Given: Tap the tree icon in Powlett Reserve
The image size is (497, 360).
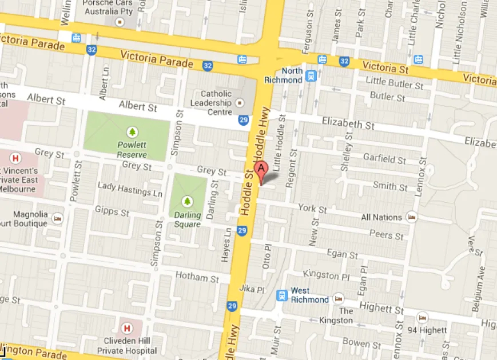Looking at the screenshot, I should click(x=133, y=132).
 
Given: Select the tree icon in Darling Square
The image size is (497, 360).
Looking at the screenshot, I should click(x=187, y=201).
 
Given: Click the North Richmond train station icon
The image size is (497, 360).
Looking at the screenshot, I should click(x=311, y=75).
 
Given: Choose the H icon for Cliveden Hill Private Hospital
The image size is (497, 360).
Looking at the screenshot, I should click(x=126, y=328).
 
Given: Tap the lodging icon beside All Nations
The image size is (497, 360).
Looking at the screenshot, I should click(x=411, y=217).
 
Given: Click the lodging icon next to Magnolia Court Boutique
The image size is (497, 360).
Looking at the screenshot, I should click(x=57, y=218).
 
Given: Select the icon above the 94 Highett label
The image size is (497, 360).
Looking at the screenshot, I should click(x=422, y=318).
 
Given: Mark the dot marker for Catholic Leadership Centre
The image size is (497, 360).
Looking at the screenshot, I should click(x=240, y=103).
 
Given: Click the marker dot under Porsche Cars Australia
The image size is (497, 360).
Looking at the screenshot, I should click(x=120, y=22).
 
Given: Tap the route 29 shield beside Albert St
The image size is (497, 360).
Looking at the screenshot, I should click(x=244, y=120).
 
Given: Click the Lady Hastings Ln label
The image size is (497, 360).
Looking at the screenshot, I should click(x=130, y=189).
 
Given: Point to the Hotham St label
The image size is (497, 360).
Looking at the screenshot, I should click(x=197, y=278).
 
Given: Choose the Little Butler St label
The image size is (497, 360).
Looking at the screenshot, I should click(x=395, y=83).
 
